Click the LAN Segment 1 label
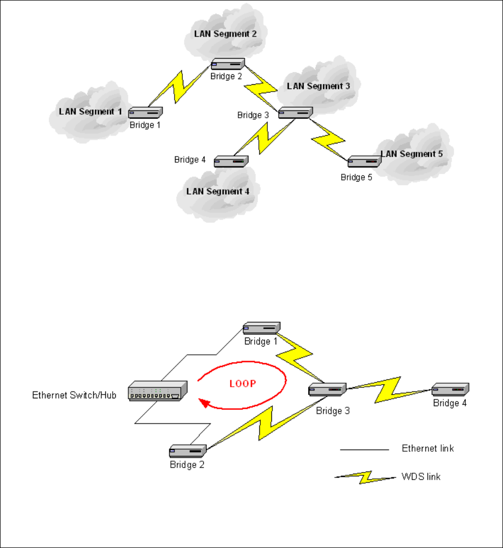[91, 111]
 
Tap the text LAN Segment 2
[225, 34]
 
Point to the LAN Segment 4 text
[218, 192]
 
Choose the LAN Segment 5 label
[412, 154]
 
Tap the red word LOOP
[242, 384]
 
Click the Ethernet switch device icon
[157, 391]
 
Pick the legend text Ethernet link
[428, 449]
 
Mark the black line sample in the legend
[365, 449]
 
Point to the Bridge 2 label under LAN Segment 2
[226, 76]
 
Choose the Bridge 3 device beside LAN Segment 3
[296, 113]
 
